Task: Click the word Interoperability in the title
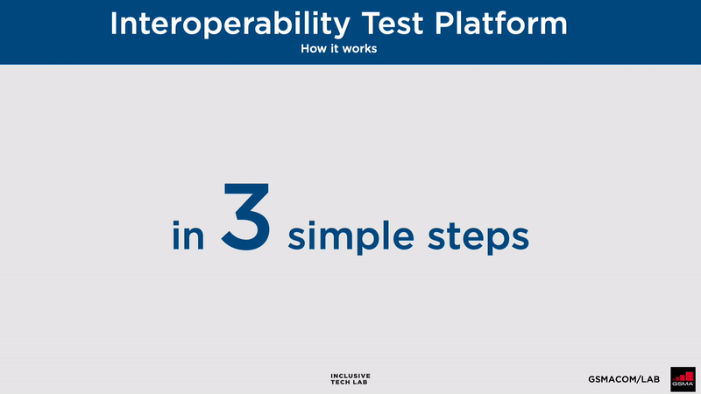point(230,25)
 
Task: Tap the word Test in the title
point(392,24)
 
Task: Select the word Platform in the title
point(500,24)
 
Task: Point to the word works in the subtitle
point(359,48)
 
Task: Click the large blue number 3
point(246,216)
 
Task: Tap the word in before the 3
point(188,235)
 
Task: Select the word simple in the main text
point(351,237)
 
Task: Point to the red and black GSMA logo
point(683,379)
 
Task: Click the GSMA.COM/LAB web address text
point(624,379)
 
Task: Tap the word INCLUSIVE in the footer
point(350,376)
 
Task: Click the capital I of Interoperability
point(113,24)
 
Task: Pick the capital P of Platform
point(444,24)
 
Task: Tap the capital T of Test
point(372,24)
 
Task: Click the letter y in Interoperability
point(340,28)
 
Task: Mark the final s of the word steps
point(520,239)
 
